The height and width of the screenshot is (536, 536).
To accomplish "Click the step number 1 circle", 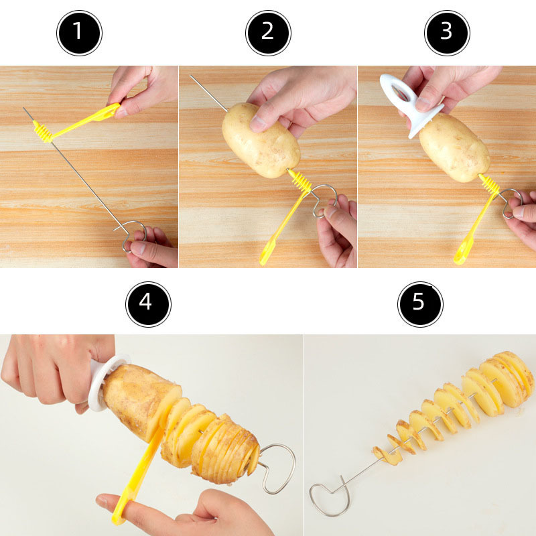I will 79,32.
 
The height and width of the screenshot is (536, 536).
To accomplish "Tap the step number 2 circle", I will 268,32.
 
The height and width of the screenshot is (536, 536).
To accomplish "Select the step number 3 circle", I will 447,32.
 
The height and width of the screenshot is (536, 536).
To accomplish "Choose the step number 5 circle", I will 420,304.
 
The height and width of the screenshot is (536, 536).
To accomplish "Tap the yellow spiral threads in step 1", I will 44,131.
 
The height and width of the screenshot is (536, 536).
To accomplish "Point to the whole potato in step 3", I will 454,147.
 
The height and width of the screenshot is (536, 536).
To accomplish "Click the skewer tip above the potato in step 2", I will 201,87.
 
